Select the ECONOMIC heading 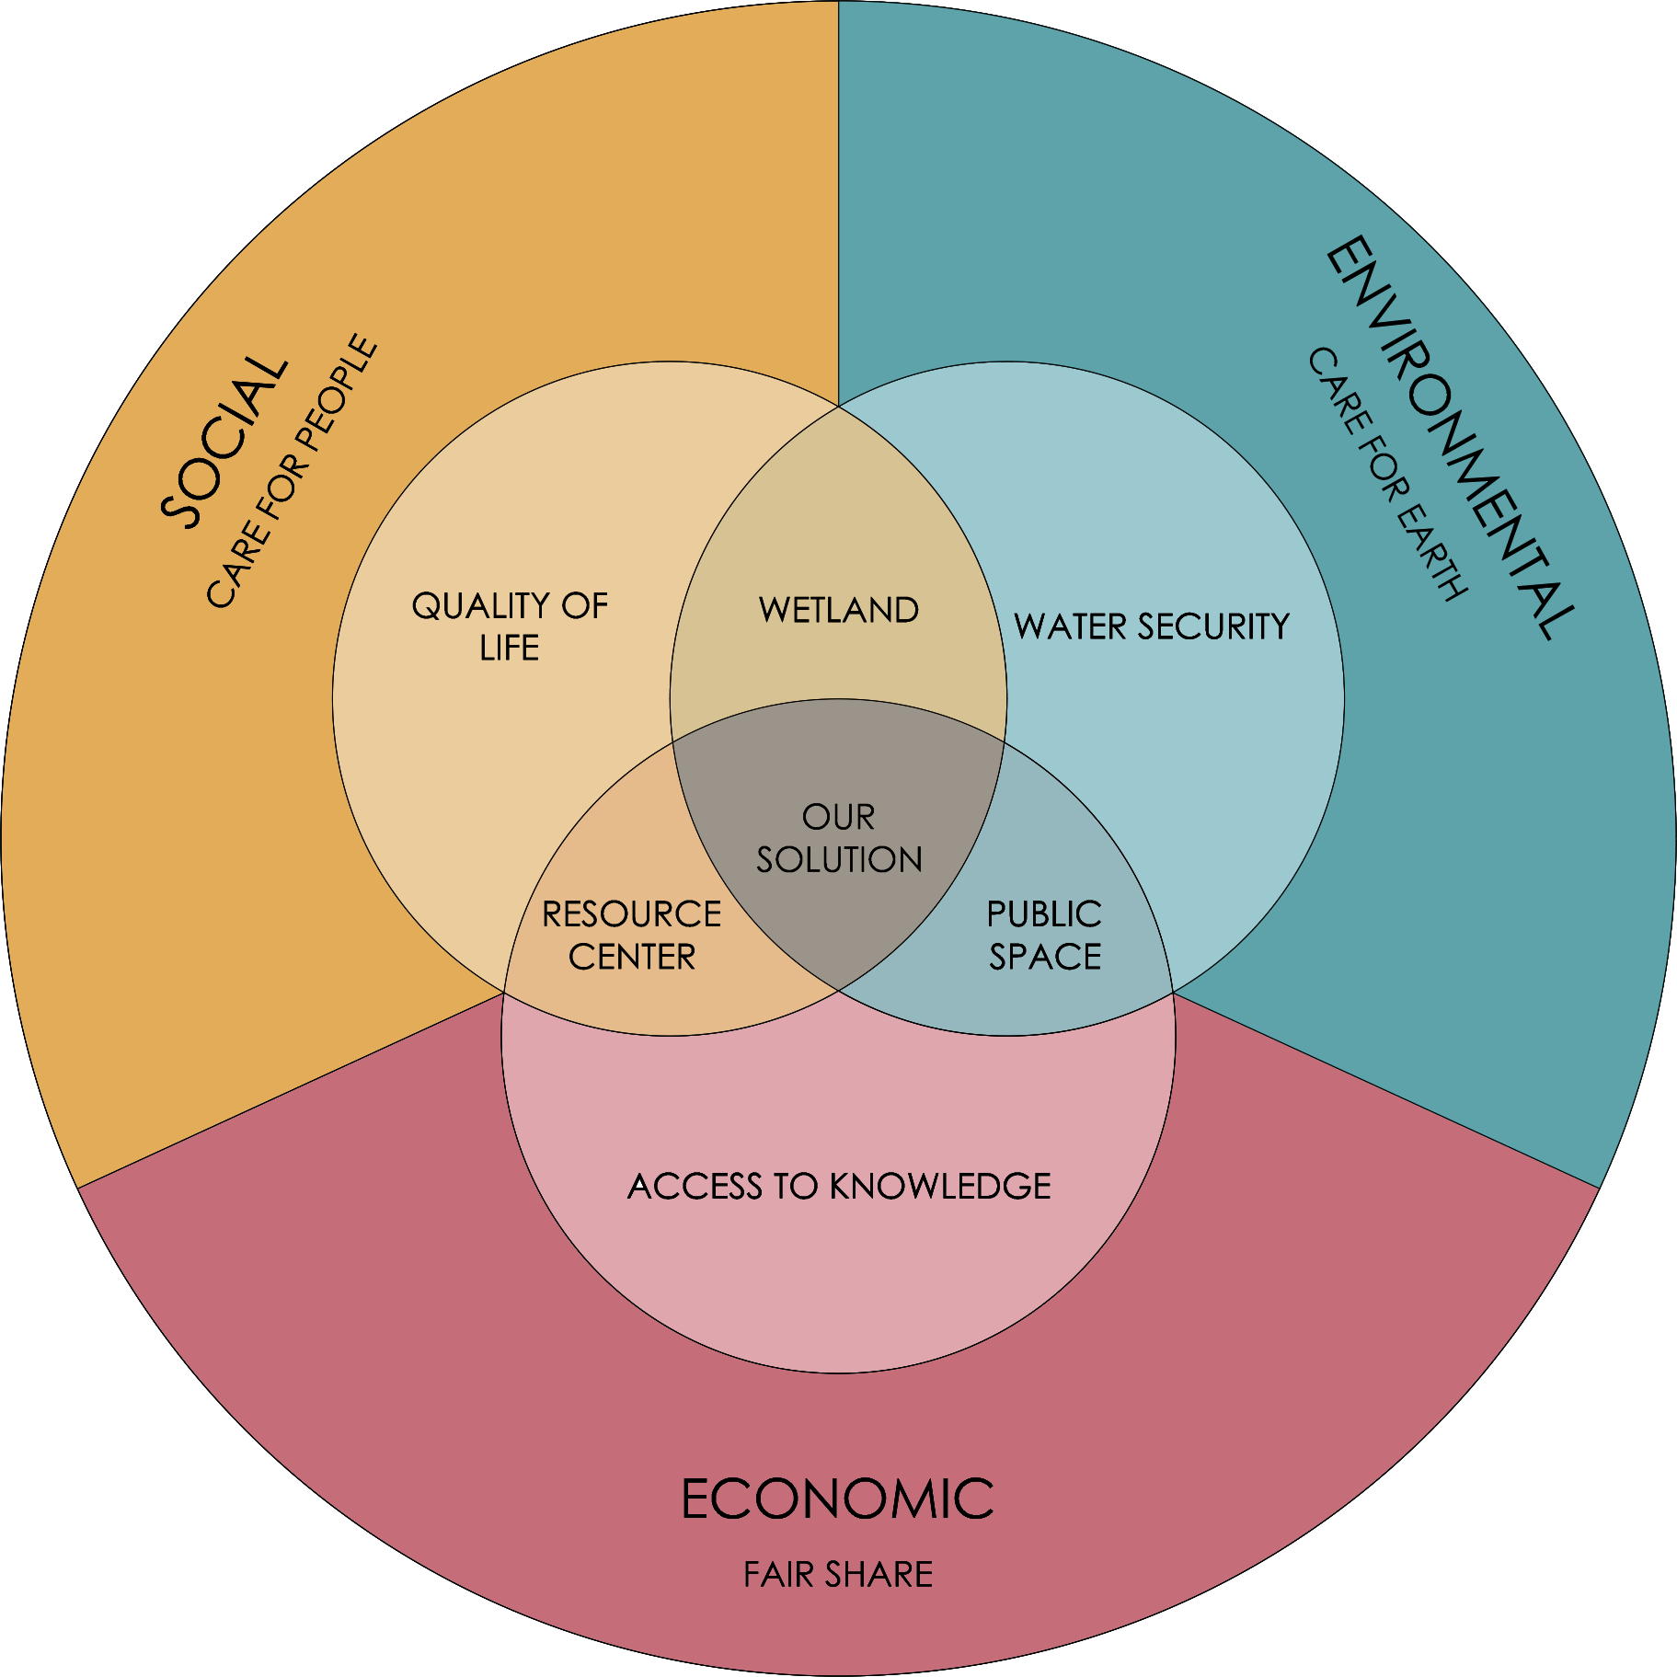(837, 1499)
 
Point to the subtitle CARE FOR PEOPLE (291, 471)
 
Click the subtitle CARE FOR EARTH (1387, 474)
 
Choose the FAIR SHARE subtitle (838, 1575)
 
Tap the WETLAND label (839, 610)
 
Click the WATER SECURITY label (1152, 626)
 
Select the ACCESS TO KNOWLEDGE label (839, 1186)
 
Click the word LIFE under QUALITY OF (509, 649)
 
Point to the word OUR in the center (838, 817)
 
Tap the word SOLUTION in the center (839, 859)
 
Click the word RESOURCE (632, 914)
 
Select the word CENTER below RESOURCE (632, 957)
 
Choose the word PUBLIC (1044, 914)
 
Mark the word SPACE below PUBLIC (1045, 957)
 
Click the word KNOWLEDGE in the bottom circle (940, 1186)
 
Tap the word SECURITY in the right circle (1214, 626)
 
